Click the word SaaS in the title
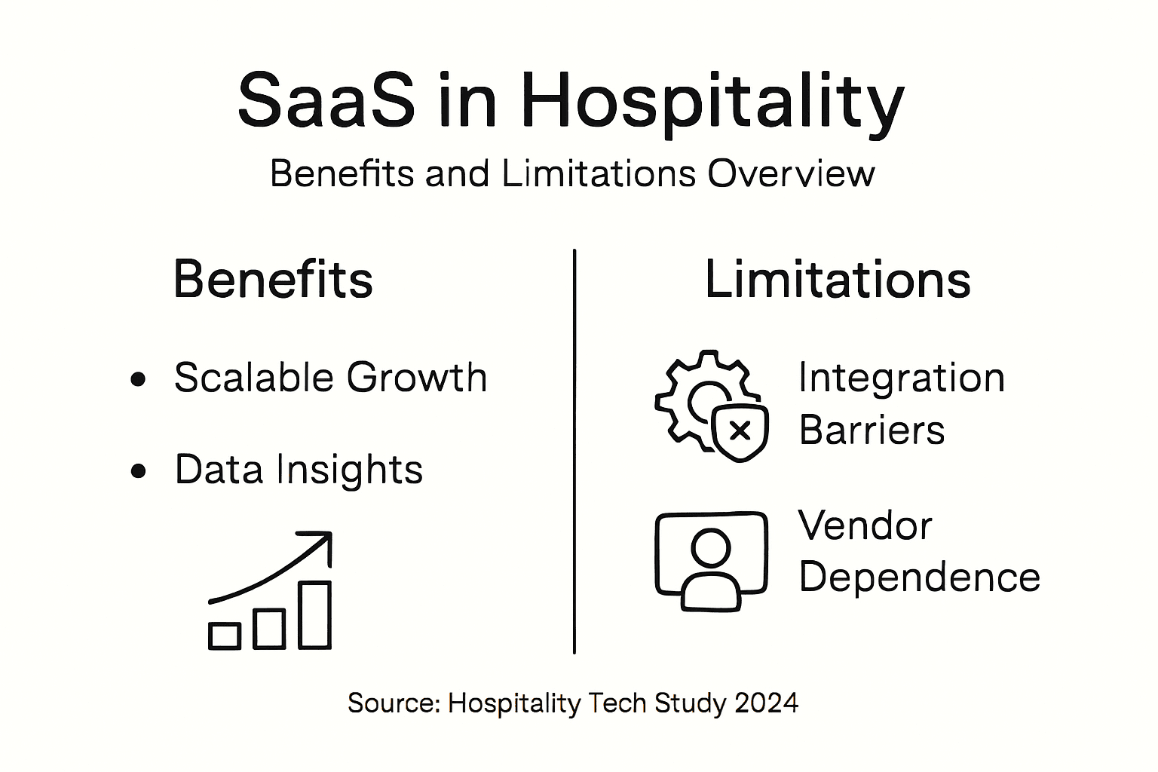[326, 100]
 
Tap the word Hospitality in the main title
[712, 102]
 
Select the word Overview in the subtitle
[791, 173]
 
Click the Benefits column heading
[273, 280]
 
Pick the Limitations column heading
[838, 280]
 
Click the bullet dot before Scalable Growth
[138, 379]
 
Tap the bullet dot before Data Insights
[138, 472]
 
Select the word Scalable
[254, 377]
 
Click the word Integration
[901, 378]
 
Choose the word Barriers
[872, 430]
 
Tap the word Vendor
[865, 525]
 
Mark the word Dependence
[919, 577]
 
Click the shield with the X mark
[740, 431]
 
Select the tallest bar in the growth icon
[314, 614]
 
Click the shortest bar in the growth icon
[225, 636]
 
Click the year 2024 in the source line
[766, 703]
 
